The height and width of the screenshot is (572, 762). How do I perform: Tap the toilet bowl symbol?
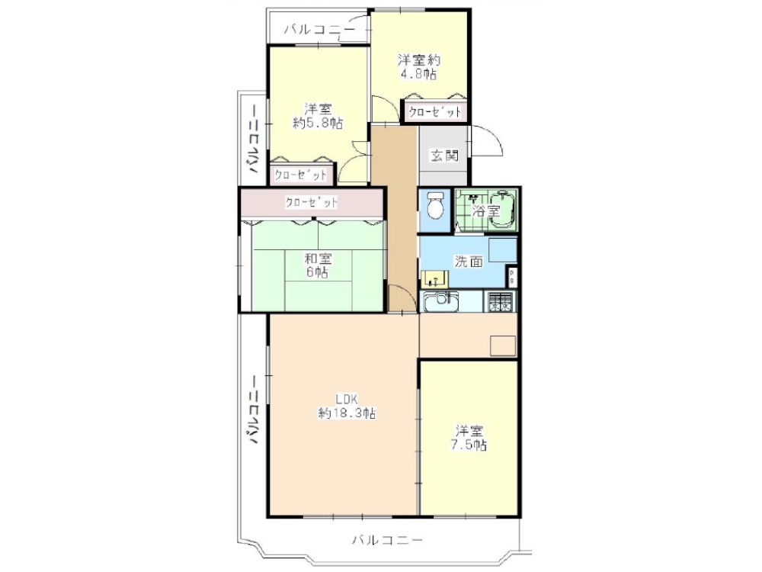click(434, 206)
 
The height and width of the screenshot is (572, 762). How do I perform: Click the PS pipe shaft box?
click(512, 278)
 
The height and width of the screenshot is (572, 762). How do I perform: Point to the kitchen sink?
click(442, 301)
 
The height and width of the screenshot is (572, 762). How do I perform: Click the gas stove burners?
click(500, 301)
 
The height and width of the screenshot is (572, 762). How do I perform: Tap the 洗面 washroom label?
click(469, 261)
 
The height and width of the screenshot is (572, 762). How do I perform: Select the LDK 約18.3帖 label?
click(347, 407)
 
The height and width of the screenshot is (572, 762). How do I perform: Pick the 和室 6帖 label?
click(318, 265)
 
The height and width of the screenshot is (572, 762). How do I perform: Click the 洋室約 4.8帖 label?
click(419, 66)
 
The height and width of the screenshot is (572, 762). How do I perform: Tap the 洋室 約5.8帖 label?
click(318, 116)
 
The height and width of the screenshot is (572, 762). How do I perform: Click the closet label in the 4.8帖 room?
click(434, 112)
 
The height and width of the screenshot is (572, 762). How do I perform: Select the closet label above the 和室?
click(311, 202)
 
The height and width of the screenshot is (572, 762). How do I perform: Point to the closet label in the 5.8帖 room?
click(300, 175)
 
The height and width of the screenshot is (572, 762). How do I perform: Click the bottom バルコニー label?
click(388, 539)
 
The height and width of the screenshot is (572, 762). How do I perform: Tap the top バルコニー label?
click(319, 30)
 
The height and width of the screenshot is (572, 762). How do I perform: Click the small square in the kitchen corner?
click(502, 345)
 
